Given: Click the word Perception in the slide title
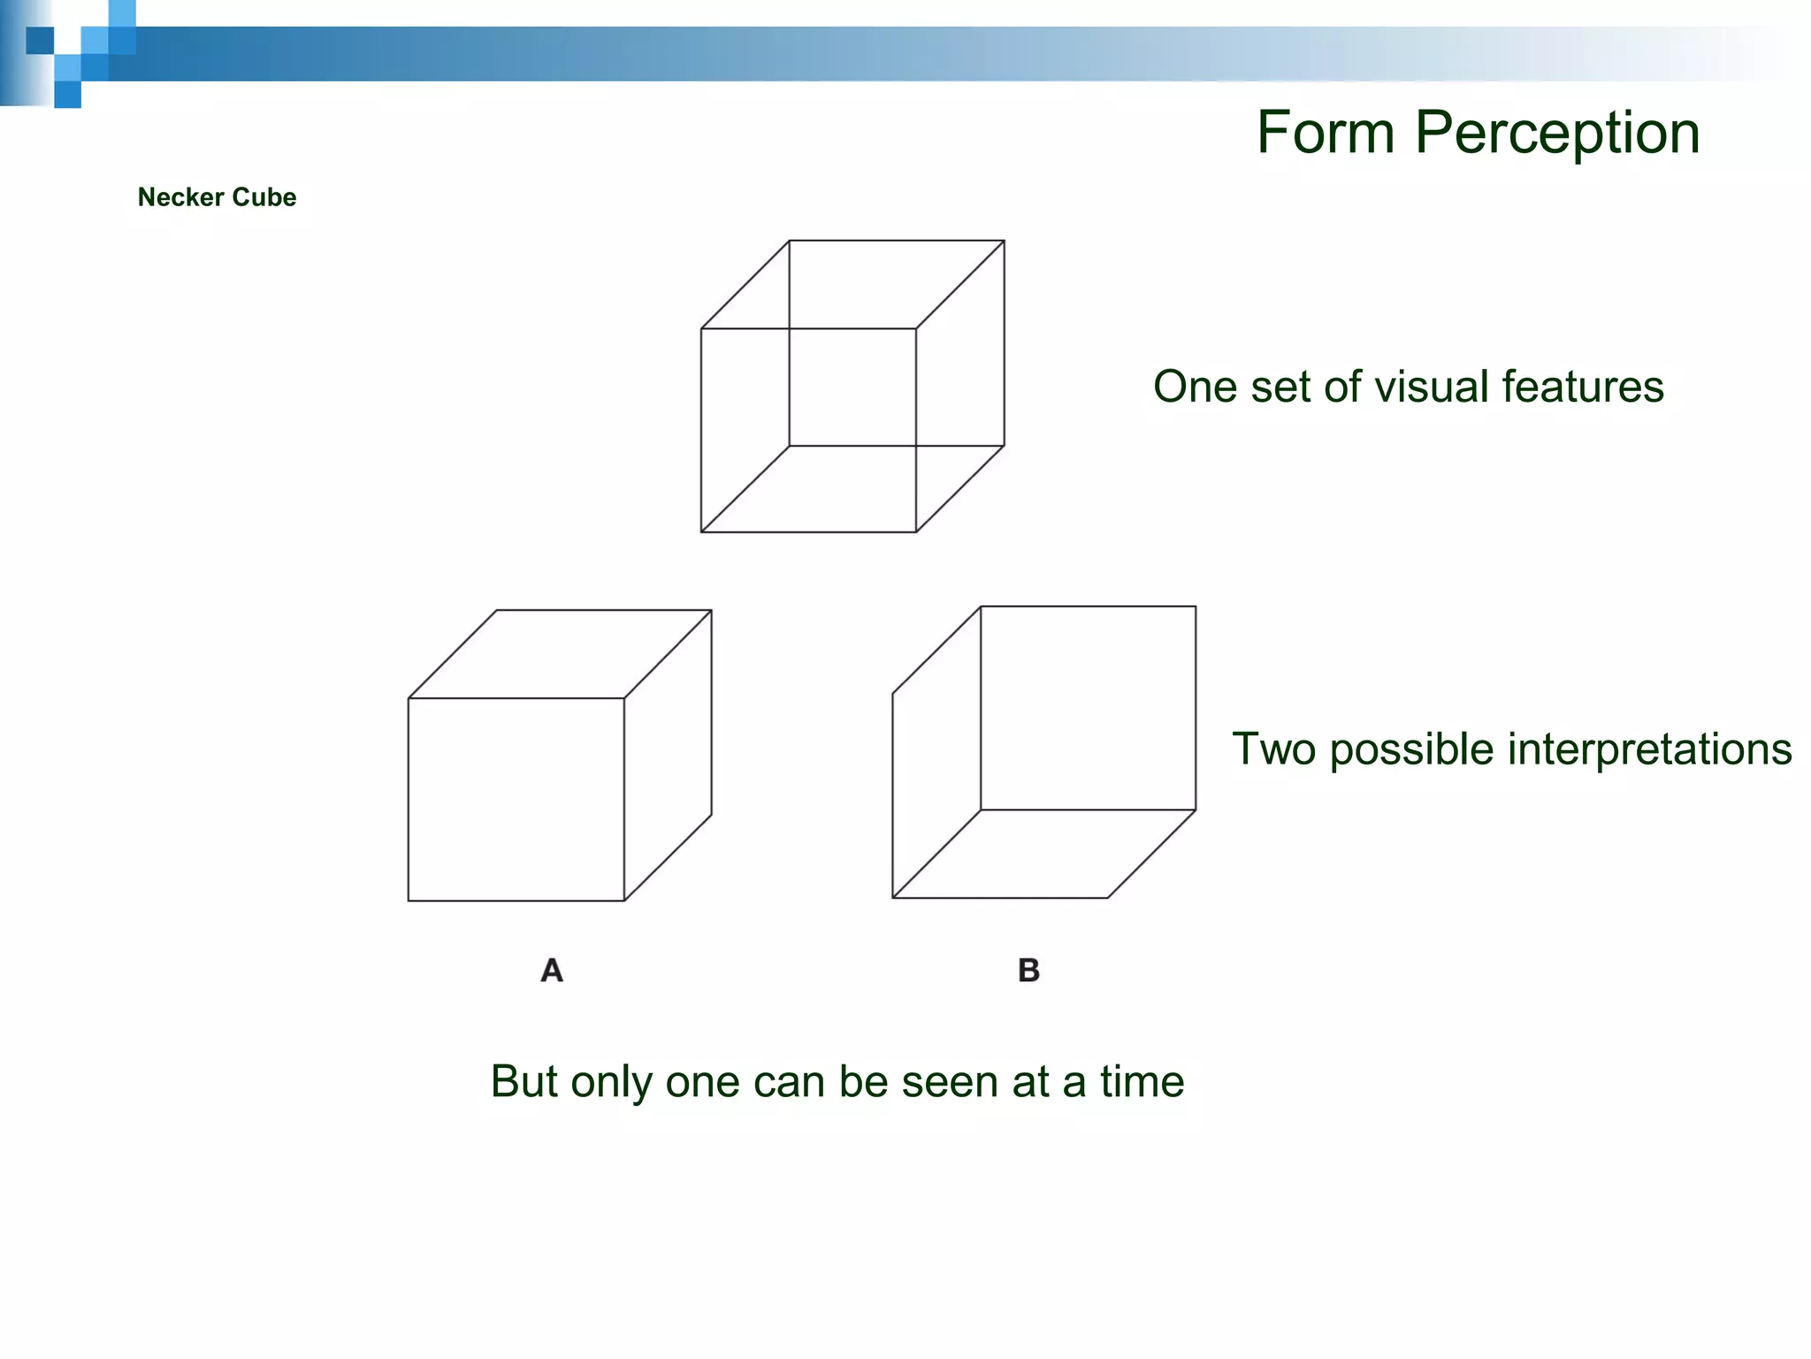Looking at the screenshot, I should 1557,133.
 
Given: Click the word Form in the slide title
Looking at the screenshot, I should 1326,133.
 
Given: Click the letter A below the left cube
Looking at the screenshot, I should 552,971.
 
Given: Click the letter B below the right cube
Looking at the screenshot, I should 1028,971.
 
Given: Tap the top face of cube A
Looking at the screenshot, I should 561,654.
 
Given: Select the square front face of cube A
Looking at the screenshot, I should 516,799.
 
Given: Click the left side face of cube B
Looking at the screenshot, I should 936,752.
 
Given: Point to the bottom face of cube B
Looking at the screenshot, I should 1043,854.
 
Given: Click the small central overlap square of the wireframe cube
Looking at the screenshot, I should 852,387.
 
